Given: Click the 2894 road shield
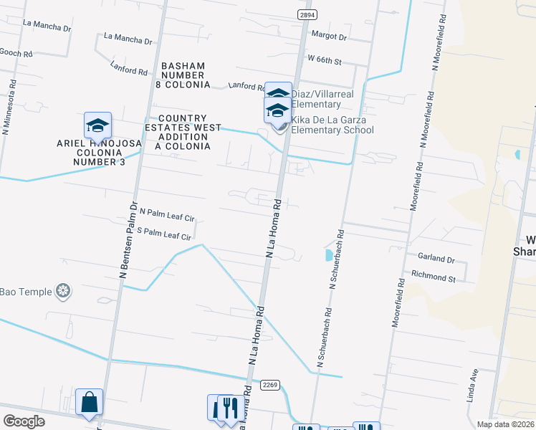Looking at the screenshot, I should [307, 14].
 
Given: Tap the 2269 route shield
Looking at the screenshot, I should [269, 384].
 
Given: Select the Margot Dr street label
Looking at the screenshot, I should [329, 36].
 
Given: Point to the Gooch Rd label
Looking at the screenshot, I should [16, 54].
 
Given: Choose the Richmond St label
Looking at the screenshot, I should [433, 275].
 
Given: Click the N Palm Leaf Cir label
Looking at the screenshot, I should [167, 214].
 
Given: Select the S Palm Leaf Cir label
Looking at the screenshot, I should [164, 234].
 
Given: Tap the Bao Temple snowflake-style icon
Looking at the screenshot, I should [64, 290].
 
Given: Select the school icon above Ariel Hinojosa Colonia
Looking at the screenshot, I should [97, 126].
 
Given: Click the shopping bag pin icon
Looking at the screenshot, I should [89, 403].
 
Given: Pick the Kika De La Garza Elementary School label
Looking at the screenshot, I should [332, 125].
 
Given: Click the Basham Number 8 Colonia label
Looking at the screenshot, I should [186, 75].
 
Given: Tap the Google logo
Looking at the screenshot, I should [24, 421].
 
